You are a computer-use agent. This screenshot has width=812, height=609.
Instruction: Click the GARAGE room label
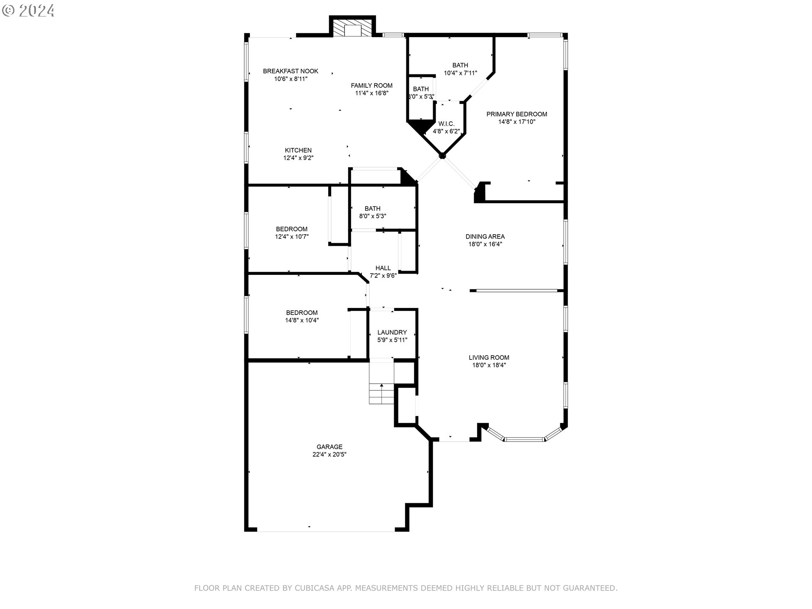329,447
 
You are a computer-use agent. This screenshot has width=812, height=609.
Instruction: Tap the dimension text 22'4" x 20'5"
329,455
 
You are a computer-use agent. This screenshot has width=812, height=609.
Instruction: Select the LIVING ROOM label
489,357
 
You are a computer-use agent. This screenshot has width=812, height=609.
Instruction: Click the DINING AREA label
485,236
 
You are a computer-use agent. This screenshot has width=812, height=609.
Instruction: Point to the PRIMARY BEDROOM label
516,114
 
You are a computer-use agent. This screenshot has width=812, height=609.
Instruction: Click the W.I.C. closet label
446,123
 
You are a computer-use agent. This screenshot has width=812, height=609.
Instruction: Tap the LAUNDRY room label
392,332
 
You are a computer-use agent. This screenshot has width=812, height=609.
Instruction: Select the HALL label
383,268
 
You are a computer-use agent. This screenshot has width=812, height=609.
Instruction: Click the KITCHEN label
298,150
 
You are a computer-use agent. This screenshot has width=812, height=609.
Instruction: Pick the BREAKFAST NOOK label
291,71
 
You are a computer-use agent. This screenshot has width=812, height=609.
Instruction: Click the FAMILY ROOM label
371,85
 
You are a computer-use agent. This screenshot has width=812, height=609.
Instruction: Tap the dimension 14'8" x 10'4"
302,321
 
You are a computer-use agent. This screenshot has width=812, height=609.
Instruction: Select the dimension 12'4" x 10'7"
292,237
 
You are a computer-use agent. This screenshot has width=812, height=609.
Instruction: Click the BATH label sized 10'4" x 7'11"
460,65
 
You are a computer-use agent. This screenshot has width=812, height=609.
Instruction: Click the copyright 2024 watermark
28,10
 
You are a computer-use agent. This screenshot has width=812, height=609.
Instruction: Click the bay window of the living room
524,439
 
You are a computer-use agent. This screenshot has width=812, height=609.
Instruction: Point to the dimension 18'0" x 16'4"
485,244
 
